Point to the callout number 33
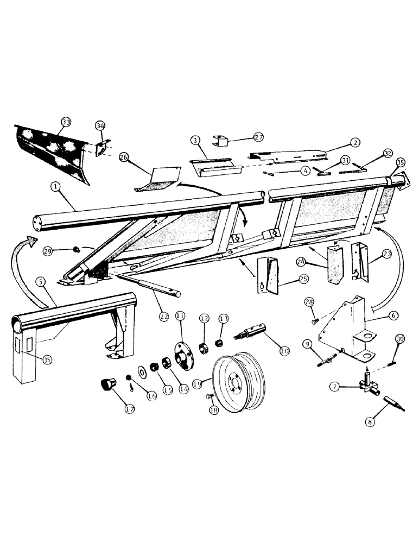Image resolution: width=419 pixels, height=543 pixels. [65, 123]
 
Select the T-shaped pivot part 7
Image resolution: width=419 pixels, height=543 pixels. [367, 387]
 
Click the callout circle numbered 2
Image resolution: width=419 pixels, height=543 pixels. [354, 142]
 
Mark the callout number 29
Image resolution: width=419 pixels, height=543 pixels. [48, 250]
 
